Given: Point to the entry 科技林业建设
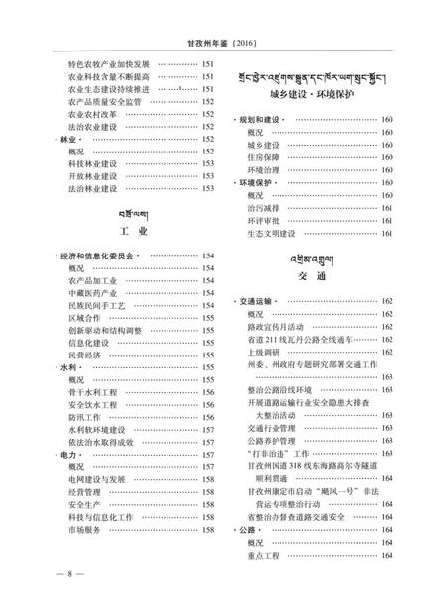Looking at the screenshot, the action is coord(93,162).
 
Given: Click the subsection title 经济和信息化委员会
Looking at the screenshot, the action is coord(98,256).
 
